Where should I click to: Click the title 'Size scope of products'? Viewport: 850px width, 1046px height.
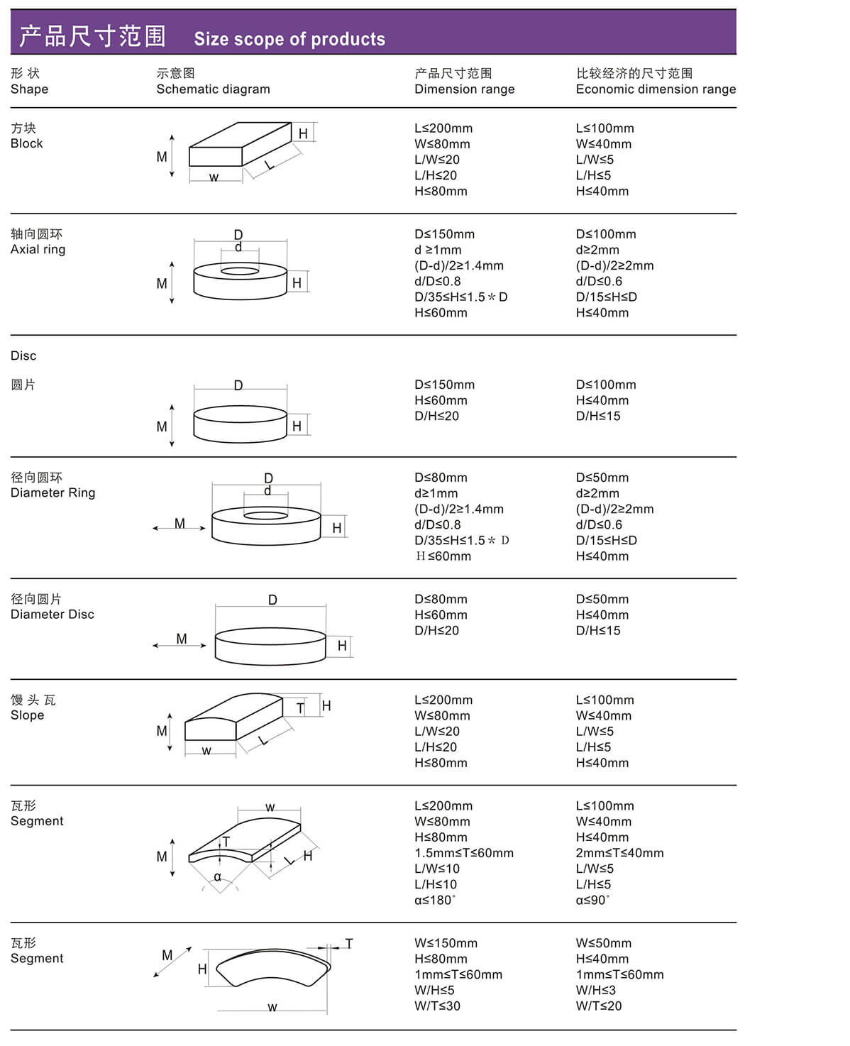[289, 39]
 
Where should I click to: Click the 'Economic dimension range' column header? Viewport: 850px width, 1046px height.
[655, 89]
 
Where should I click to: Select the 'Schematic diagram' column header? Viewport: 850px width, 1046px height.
[213, 89]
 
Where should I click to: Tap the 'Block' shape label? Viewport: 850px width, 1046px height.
[27, 143]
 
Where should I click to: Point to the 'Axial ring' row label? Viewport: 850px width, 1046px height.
[38, 249]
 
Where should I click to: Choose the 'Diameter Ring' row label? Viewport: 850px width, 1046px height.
[53, 492]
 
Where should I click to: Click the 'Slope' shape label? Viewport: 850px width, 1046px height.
[28, 715]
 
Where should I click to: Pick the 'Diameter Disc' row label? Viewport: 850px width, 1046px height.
[53, 615]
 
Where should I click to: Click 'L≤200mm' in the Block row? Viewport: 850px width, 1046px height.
[443, 128]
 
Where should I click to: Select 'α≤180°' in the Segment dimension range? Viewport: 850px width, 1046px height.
[435, 900]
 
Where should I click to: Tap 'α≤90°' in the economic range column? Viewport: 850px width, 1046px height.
[592, 900]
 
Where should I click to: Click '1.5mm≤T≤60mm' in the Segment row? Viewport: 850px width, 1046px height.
[464, 853]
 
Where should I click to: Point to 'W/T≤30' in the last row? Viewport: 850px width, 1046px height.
[438, 1006]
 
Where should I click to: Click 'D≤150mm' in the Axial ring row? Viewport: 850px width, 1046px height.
[445, 234]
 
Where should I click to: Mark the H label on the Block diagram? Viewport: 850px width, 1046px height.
[303, 133]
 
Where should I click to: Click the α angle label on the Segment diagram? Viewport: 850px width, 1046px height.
[218, 877]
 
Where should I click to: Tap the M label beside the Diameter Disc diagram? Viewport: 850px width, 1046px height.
[182, 639]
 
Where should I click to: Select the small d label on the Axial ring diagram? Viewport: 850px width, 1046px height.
[238, 247]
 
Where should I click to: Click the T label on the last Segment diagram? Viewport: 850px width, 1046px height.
[349, 944]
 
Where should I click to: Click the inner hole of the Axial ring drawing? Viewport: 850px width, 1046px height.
[240, 271]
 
